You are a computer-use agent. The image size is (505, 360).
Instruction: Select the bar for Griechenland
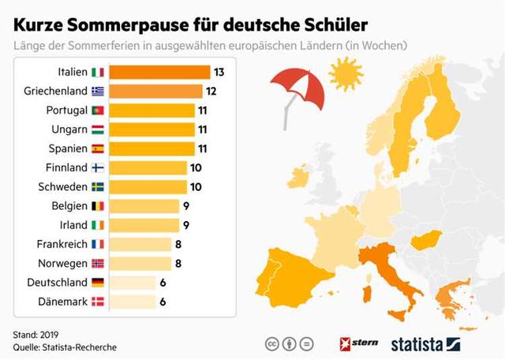coord(155,91)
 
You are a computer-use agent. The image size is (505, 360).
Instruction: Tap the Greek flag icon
coord(98,91)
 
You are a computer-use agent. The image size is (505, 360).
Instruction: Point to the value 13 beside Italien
coord(219,72)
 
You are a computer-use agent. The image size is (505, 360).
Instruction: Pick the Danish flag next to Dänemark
coord(98,301)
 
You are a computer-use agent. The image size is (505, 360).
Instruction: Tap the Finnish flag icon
coord(98,167)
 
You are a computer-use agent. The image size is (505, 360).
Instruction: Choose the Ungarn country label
coord(72,129)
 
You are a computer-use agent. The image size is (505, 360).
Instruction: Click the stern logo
coord(358,343)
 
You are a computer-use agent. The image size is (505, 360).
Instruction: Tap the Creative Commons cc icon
coord(270,344)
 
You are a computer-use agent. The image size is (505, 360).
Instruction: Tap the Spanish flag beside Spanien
coord(98,148)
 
